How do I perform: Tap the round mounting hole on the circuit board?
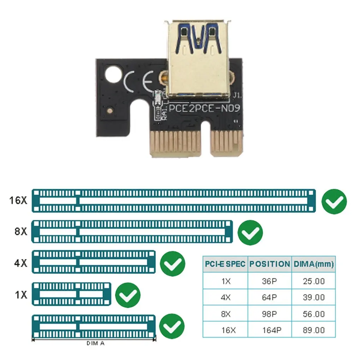[113, 74]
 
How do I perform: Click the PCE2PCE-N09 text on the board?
[204, 108]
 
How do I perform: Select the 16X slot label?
[18, 200]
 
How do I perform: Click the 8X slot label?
[20, 232]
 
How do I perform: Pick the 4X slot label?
[20, 263]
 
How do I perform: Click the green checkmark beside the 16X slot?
[334, 202]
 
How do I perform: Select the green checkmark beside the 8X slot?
[250, 233]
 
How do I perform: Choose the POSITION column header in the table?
[270, 264]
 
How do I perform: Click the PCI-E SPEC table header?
[225, 264]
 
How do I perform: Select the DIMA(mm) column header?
[314, 264]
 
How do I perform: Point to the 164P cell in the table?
[272, 330]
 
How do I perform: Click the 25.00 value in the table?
[314, 281]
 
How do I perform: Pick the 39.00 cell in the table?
[314, 298]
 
